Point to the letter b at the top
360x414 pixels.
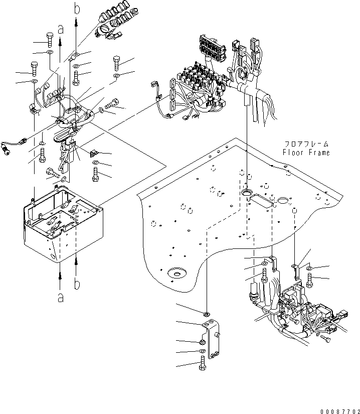pyautogui.click(x=76, y=8)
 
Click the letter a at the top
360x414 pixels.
pyautogui.click(x=61, y=29)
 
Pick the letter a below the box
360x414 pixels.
pyautogui.click(x=61, y=297)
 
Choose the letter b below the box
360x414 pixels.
pyautogui.click(x=77, y=284)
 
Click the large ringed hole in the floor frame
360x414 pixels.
pyautogui.click(x=176, y=273)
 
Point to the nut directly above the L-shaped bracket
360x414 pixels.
pyautogui.click(x=207, y=314)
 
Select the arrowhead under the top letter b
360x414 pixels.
pyautogui.click(x=76, y=21)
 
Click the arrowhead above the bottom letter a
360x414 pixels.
pyautogui.click(x=61, y=275)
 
